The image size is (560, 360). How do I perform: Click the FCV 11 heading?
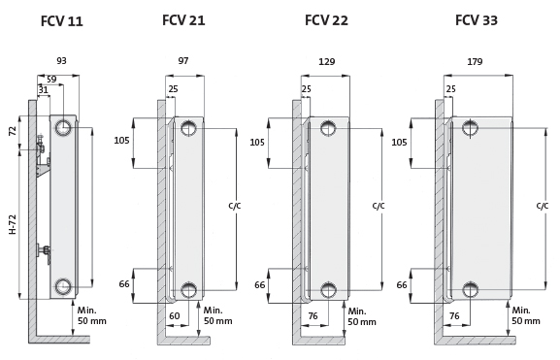pyautogui.click(x=62, y=21)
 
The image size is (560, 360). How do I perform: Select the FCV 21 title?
pyautogui.click(x=183, y=20)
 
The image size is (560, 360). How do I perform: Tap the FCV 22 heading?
pyautogui.click(x=326, y=20)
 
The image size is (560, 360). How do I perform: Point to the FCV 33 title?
pyautogui.click(x=477, y=20)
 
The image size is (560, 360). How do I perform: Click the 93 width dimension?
pyautogui.click(x=61, y=61)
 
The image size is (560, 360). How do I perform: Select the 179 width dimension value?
pyautogui.click(x=475, y=62)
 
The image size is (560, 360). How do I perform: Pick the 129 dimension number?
pyautogui.click(x=326, y=62)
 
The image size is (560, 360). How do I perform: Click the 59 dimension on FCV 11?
pyautogui.click(x=51, y=80)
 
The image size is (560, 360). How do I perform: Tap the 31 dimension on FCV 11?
pyautogui.click(x=44, y=89)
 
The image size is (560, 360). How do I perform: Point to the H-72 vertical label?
pyautogui.click(x=13, y=224)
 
